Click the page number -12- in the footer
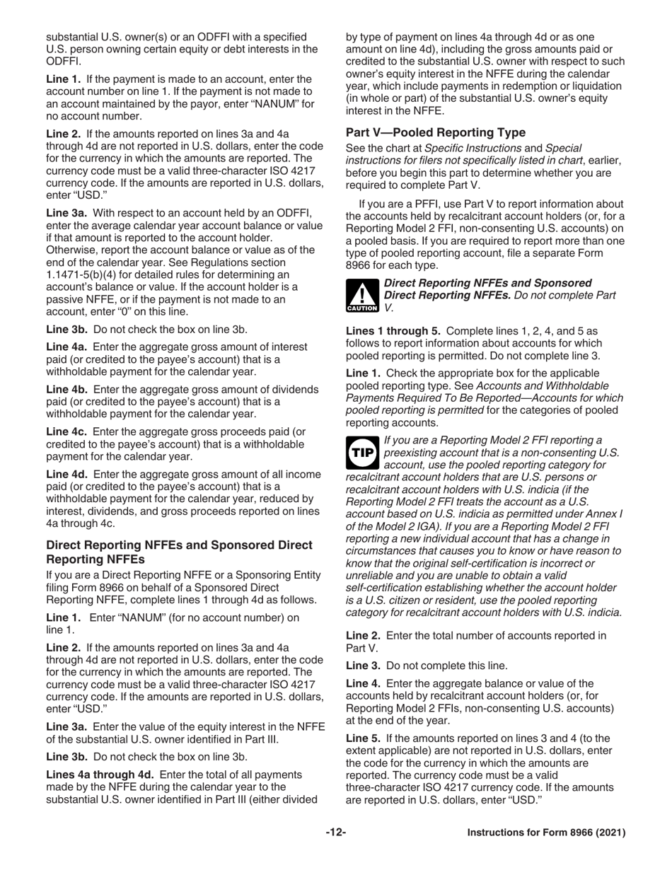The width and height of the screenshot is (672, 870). (336, 833)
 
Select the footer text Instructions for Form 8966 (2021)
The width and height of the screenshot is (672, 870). (546, 833)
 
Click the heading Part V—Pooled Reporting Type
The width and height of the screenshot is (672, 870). (435, 132)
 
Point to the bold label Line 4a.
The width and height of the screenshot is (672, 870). (66, 347)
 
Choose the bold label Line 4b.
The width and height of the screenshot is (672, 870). (66, 390)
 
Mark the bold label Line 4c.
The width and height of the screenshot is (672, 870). (66, 432)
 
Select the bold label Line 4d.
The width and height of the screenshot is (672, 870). (66, 475)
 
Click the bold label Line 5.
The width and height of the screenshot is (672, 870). (364, 738)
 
